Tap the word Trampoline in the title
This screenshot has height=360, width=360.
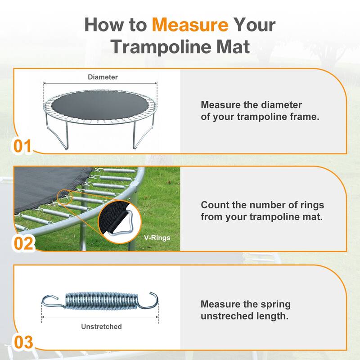tap(169, 46)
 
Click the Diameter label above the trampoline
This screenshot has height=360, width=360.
tap(103, 77)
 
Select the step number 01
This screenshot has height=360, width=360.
tap(22, 146)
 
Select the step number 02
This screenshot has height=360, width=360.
tap(23, 243)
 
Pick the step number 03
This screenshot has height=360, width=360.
tap(23, 342)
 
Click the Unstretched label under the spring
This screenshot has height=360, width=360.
tap(102, 326)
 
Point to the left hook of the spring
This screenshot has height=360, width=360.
tap(50, 301)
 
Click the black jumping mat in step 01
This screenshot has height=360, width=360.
tap(100, 106)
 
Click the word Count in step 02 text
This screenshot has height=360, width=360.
tap(213, 205)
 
